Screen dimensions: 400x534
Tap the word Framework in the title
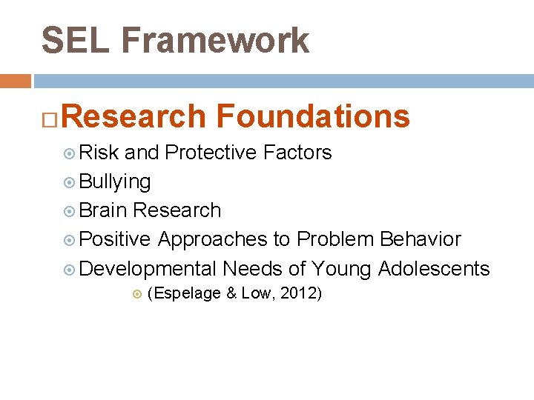pyautogui.click(x=215, y=40)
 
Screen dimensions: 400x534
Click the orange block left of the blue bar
pyautogui.click(x=15, y=81)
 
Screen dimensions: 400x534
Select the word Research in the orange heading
pyautogui.click(x=138, y=116)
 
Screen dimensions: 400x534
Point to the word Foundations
pyautogui.click(x=312, y=116)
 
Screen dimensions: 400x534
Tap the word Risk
pyautogui.click(x=99, y=153)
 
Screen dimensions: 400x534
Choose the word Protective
pyautogui.click(x=211, y=153)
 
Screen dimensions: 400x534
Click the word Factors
pyautogui.click(x=297, y=153)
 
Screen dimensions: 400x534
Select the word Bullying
pyautogui.click(x=115, y=181)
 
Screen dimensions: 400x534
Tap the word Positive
pyautogui.click(x=115, y=239)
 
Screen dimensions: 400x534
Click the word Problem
pyautogui.click(x=335, y=239)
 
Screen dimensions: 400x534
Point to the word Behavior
pyautogui.click(x=421, y=239)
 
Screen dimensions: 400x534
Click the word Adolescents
pyautogui.click(x=434, y=268)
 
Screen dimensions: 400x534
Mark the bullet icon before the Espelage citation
pyautogui.click(x=136, y=294)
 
